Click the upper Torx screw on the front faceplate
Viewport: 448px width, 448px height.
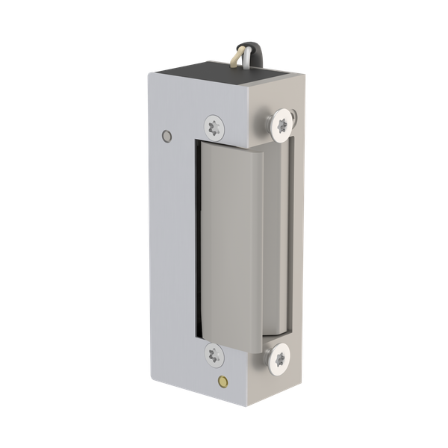pyautogui.click(x=214, y=126)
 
